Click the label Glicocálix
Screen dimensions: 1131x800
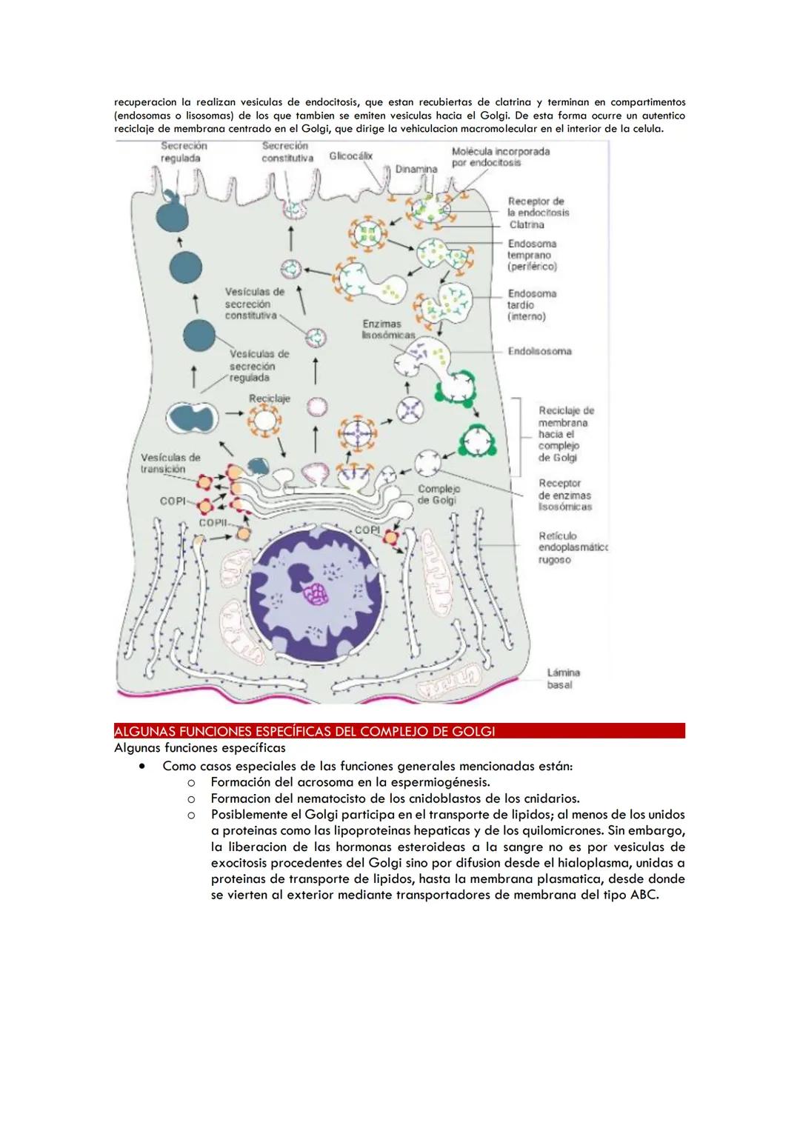pos(351,156)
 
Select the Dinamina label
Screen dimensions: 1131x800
pos(416,169)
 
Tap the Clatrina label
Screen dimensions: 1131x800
pos(526,224)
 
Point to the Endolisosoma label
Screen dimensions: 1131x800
pos(539,351)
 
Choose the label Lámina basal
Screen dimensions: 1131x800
pos(563,678)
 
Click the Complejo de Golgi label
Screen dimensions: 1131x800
pos(439,494)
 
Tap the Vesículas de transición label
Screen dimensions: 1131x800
pos(170,463)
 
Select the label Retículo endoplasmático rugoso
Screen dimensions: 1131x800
pos(572,547)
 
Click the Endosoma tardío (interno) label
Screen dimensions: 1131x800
pos(531,304)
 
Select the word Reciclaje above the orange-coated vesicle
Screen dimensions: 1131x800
pos(269,398)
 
